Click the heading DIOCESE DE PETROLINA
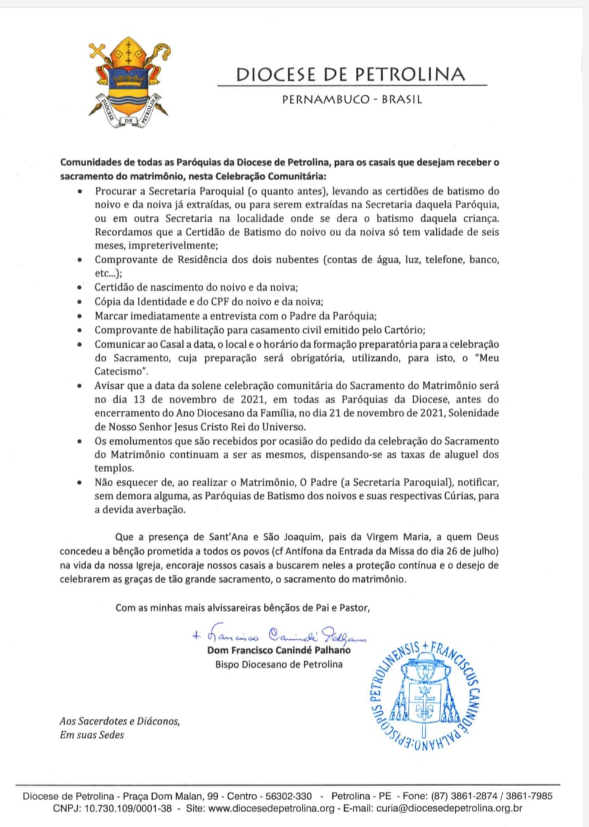point(351,74)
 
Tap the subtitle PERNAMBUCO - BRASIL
point(352,99)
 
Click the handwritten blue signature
point(279,635)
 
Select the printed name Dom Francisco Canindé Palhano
point(279,650)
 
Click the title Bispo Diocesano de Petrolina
point(279,664)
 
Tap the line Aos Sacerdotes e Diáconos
point(119,721)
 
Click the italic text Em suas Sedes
point(92,735)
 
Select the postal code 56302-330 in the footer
point(288,796)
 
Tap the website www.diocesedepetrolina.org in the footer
point(272,808)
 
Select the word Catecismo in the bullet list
point(119,372)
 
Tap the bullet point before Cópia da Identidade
point(80,303)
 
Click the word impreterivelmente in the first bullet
point(155,246)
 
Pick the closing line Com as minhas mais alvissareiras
point(242,608)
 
